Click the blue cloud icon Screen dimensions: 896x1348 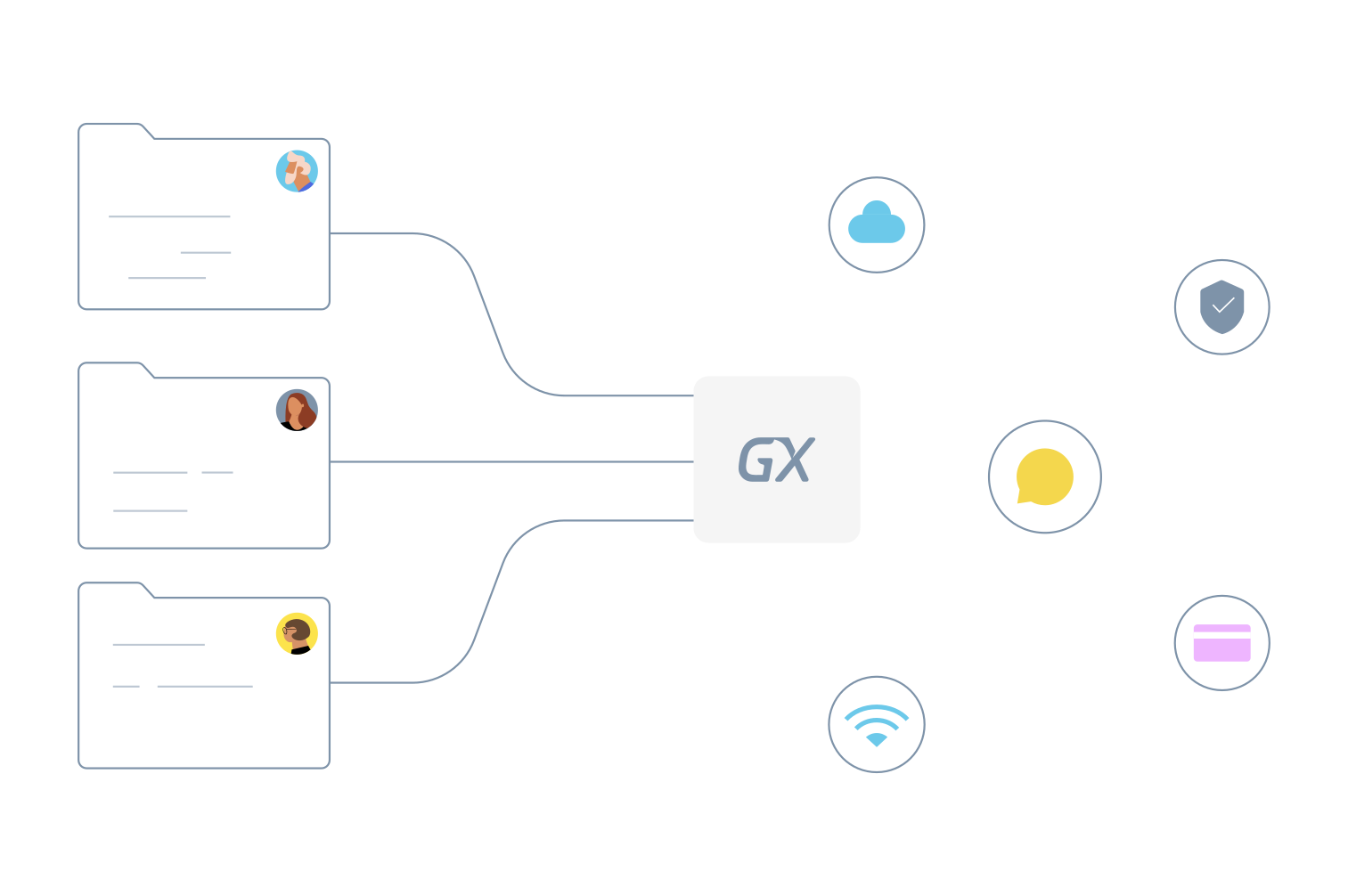click(x=877, y=224)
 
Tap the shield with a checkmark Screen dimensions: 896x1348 click(x=1222, y=306)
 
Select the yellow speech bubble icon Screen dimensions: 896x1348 click(x=1045, y=477)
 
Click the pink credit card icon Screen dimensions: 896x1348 click(x=1221, y=643)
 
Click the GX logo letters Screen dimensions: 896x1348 click(x=776, y=460)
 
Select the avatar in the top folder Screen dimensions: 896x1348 click(x=297, y=171)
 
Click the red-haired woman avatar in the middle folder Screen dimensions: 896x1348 click(x=297, y=410)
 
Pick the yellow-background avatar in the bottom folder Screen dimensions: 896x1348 click(x=297, y=633)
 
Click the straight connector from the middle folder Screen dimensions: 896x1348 click(x=511, y=461)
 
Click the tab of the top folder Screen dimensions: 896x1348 click(x=111, y=126)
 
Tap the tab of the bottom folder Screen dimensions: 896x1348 click(x=111, y=585)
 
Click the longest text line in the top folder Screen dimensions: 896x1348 click(x=169, y=216)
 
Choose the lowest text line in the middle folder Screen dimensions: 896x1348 click(x=151, y=510)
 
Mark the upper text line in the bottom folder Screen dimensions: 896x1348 click(x=159, y=644)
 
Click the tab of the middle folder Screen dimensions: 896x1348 click(x=111, y=365)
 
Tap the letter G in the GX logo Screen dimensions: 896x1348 click(x=756, y=460)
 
